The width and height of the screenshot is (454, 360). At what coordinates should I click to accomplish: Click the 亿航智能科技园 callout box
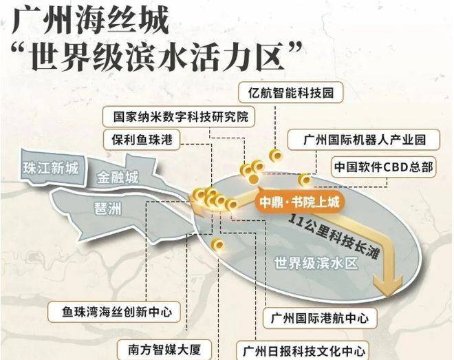coord(291,92)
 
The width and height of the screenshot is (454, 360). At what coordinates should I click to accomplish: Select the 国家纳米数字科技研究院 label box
coord(179,116)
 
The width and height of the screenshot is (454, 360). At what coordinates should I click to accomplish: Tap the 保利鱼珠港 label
coord(142,140)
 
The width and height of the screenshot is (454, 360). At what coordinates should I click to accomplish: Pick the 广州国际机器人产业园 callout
coord(364,140)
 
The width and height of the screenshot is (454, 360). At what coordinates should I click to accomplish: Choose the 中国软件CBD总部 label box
coord(384,167)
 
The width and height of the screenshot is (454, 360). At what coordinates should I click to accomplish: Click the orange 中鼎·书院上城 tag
coord(299,202)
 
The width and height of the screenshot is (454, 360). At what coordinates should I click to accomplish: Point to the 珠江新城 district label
coord(51,168)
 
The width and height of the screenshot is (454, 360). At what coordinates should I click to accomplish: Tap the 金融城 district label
coord(118,178)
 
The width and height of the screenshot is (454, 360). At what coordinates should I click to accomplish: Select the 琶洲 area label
coord(108,209)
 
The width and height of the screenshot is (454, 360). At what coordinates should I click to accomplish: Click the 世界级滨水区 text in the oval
coord(316,263)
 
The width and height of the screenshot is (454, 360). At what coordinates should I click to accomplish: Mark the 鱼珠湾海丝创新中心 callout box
coord(114,312)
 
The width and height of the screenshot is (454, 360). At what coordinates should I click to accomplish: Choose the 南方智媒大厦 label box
coord(164,349)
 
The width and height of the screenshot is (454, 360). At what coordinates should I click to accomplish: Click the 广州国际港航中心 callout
coord(320,318)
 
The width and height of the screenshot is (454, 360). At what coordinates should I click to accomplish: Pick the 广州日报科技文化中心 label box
coord(303,351)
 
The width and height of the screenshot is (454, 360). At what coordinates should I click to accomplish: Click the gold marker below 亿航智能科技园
coord(276,156)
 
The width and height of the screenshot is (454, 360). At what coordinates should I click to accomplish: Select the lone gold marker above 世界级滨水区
coord(218,245)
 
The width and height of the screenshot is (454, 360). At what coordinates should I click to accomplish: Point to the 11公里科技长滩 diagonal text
coord(334,236)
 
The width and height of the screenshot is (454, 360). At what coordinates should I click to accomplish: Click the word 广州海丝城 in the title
coord(90,21)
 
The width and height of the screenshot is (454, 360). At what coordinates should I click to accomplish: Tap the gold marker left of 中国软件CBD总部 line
coord(305,180)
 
